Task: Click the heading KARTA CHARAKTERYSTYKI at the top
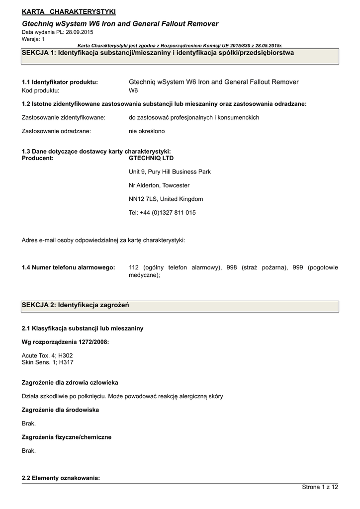69,11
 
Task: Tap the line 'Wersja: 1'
33,38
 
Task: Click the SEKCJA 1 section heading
158,53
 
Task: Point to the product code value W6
133,90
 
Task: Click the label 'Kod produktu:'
41,90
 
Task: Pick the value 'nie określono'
147,131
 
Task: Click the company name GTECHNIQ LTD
151,158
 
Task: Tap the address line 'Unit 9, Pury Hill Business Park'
170,171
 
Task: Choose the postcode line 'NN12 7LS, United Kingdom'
166,199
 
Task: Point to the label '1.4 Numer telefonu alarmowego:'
69,267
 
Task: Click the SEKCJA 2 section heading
75,305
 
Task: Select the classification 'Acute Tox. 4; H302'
47,355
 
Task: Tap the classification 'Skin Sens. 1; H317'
47,362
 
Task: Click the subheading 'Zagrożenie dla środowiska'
60,410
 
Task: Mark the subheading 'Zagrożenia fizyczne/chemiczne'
67,437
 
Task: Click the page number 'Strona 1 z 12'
320,487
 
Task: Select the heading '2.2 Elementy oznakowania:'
61,478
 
